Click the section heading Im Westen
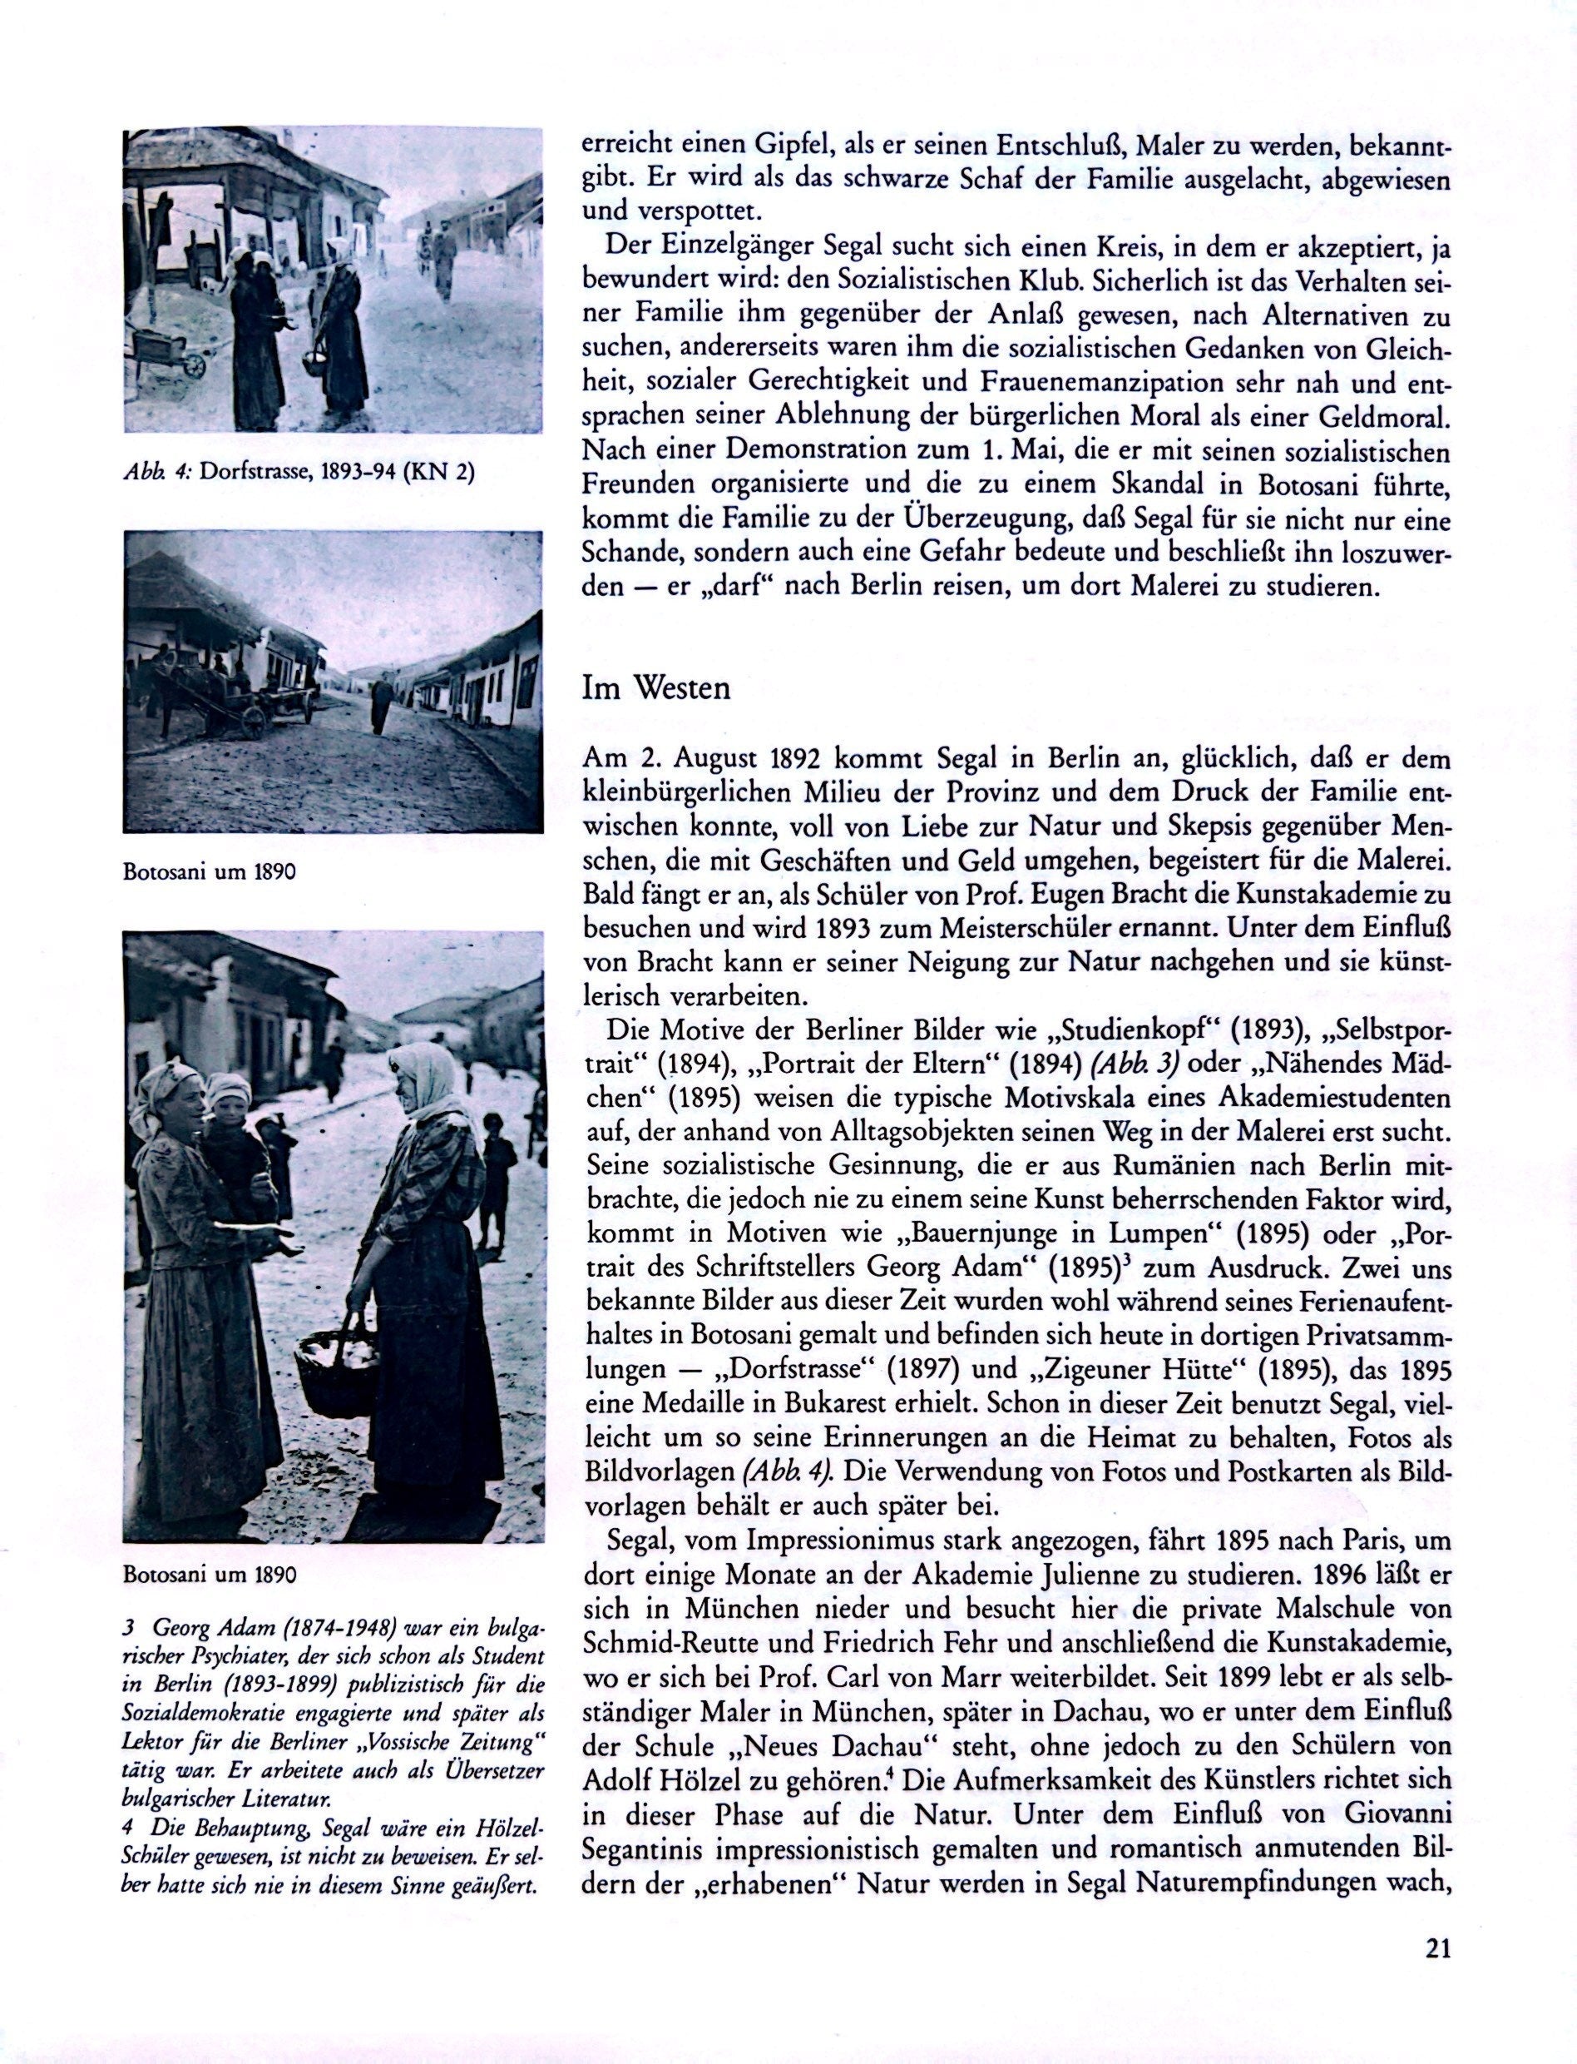[655, 688]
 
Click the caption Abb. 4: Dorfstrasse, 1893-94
[299, 473]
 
